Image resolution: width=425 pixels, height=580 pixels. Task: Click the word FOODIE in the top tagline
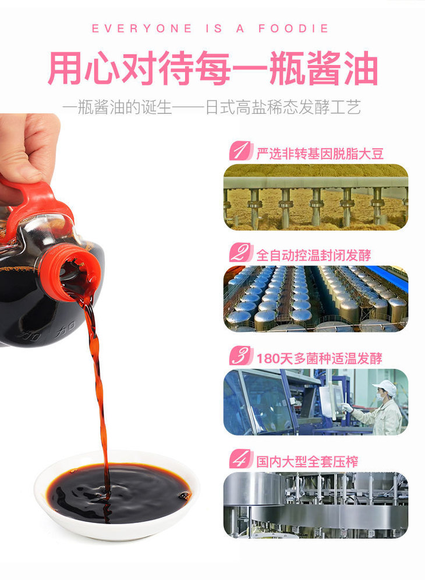293,28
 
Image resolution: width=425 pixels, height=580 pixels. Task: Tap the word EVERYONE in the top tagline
142,28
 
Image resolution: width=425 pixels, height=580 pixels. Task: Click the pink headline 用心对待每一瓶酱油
212,69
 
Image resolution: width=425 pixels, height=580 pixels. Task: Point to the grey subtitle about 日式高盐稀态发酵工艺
211,108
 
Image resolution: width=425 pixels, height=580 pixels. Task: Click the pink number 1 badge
241,151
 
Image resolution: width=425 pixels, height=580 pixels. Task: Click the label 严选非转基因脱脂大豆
320,153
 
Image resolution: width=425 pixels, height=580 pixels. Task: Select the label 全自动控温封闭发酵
313,255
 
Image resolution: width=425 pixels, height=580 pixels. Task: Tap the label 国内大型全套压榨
307,461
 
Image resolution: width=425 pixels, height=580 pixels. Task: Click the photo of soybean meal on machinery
316,197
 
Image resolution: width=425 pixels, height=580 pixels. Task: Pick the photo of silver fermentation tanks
316,299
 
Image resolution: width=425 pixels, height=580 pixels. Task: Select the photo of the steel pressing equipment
316,505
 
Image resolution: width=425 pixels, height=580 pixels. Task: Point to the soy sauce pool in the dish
119,489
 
